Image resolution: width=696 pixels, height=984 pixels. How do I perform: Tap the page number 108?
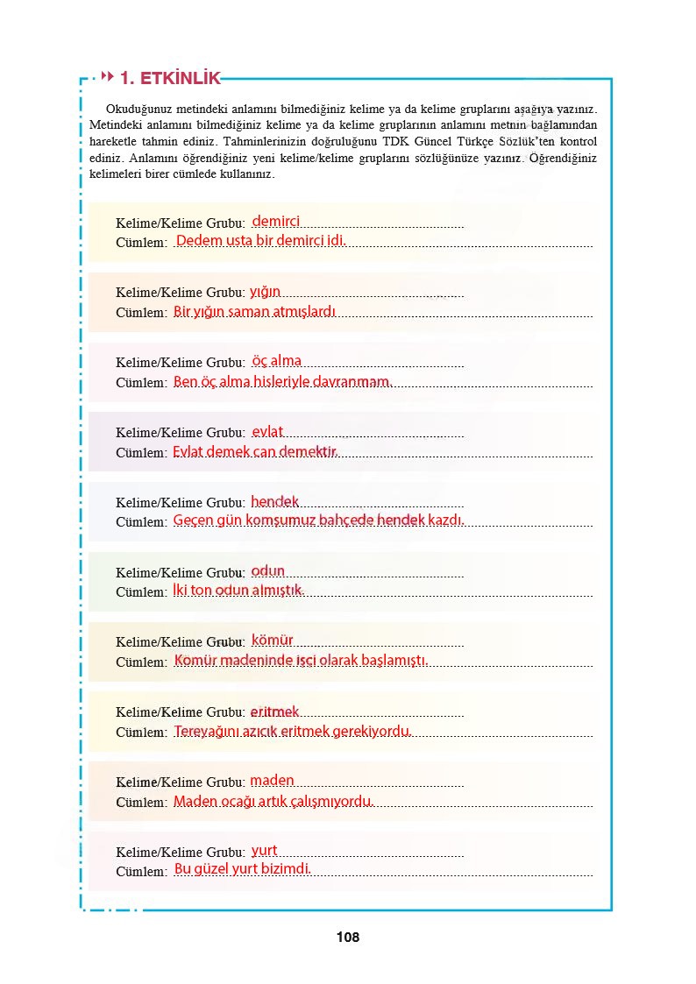(347, 938)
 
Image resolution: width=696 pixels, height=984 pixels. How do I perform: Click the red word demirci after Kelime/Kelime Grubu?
(276, 222)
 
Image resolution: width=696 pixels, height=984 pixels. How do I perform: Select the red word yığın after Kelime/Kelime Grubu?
(265, 291)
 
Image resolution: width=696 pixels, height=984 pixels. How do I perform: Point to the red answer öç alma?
(276, 361)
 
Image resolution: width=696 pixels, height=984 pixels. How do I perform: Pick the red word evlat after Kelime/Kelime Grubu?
(267, 431)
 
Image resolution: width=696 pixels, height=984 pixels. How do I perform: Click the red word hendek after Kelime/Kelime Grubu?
(275, 502)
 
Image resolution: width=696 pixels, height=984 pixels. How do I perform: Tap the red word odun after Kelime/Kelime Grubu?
(268, 570)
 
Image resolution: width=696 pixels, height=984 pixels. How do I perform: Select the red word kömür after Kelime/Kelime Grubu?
(273, 641)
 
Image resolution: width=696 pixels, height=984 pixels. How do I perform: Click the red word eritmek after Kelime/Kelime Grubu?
(275, 711)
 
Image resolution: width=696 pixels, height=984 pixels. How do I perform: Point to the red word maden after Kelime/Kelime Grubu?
(273, 780)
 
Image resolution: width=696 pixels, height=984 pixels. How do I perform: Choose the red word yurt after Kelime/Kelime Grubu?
(265, 850)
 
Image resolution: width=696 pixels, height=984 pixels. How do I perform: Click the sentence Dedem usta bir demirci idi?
(261, 240)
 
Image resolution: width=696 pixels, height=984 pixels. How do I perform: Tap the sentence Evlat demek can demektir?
(254, 451)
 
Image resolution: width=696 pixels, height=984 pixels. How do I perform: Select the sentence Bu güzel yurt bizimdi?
(243, 869)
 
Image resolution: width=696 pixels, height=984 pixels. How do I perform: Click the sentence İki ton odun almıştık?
(238, 590)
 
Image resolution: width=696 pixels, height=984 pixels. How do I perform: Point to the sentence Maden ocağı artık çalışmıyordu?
(273, 801)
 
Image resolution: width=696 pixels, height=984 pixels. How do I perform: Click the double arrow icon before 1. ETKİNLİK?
(109, 77)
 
